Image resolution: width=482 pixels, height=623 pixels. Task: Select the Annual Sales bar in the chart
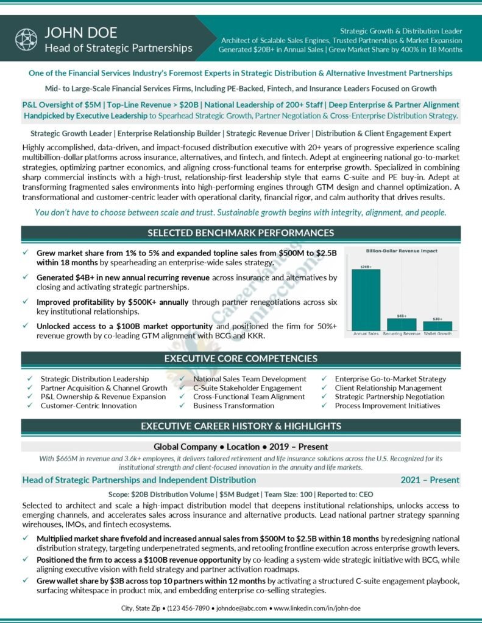[x=366, y=299]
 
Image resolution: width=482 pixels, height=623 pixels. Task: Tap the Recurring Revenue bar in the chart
[x=402, y=324]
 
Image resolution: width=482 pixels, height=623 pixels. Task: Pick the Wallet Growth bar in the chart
[x=438, y=325]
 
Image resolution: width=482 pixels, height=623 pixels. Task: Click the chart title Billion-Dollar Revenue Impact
[x=402, y=250]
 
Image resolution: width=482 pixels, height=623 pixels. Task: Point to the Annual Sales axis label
[x=366, y=334]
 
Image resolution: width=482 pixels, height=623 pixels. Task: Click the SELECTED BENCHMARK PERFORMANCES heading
[x=241, y=233]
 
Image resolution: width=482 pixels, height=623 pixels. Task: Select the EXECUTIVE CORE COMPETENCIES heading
[x=241, y=359]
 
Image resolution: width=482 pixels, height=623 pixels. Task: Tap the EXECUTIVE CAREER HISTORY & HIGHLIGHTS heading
[x=241, y=426]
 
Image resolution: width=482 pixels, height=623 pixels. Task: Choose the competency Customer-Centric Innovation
[x=88, y=405]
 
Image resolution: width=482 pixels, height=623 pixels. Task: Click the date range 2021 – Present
[x=430, y=480]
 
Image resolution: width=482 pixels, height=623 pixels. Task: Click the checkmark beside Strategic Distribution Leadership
[x=30, y=378]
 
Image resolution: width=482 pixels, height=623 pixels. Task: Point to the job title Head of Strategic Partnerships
[x=118, y=48]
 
